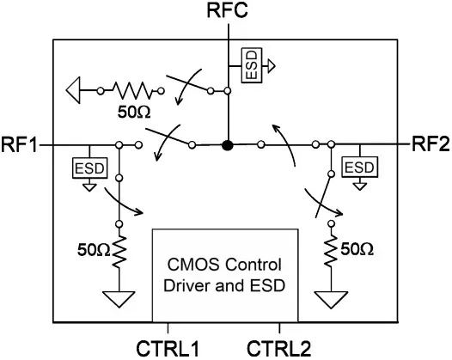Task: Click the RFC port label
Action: tap(228, 10)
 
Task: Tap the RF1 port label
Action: tap(19, 144)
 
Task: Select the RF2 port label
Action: tap(431, 143)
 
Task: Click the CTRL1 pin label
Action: tap(168, 349)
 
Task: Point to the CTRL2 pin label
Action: tap(279, 349)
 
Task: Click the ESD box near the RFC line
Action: tap(252, 65)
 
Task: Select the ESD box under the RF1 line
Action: tap(89, 168)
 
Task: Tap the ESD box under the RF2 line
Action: tap(359, 168)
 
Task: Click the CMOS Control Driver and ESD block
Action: tap(225, 275)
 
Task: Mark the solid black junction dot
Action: tap(228, 145)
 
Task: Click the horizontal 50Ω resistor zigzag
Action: tap(131, 91)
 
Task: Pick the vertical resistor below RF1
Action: tap(119, 252)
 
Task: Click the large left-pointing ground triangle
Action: tap(73, 90)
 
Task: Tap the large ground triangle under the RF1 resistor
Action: tap(119, 300)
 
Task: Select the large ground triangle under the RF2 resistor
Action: tap(331, 300)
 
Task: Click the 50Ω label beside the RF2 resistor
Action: tap(357, 249)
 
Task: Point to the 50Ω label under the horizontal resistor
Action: tap(134, 113)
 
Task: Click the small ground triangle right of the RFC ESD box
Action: tap(271, 65)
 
